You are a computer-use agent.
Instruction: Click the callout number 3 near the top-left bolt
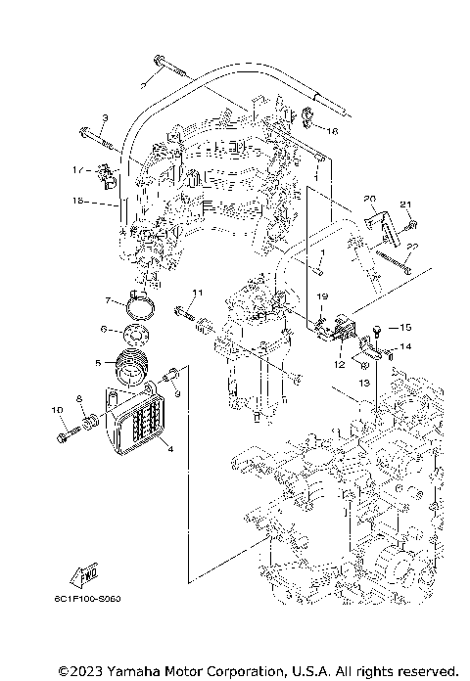pyautogui.click(x=106, y=118)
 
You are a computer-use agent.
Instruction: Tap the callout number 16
pyautogui.click(x=333, y=130)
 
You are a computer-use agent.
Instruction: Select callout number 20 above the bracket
pyautogui.click(x=370, y=199)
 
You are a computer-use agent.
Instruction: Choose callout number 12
pyautogui.click(x=338, y=364)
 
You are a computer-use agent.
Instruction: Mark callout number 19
pyautogui.click(x=320, y=296)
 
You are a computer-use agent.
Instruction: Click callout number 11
pyautogui.click(x=196, y=293)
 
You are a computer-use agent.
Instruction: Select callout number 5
pyautogui.click(x=98, y=362)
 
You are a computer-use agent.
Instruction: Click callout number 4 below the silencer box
pyautogui.click(x=170, y=449)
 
